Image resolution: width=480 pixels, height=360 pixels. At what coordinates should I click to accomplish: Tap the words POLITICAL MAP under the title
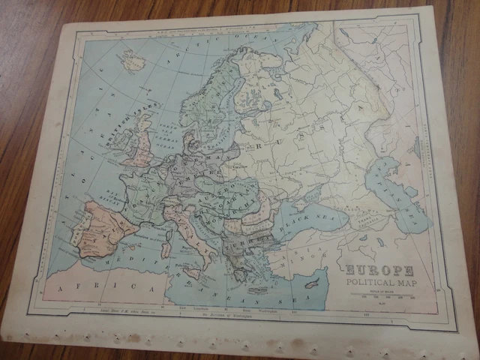pos(383,283)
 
